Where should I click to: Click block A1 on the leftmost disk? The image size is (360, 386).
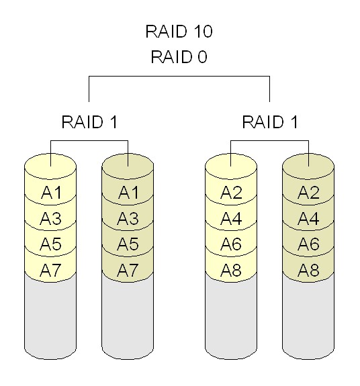pyautogui.click(x=52, y=193)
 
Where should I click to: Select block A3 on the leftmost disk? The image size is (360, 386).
pyautogui.click(x=52, y=219)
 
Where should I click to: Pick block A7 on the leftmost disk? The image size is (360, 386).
pyautogui.click(x=52, y=271)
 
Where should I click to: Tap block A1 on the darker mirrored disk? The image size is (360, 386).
pyautogui.click(x=128, y=193)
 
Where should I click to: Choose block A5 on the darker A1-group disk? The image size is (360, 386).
pyautogui.click(x=128, y=244)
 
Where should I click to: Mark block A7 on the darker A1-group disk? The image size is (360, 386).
pyautogui.click(x=128, y=271)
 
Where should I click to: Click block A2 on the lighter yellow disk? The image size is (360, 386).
pyautogui.click(x=232, y=193)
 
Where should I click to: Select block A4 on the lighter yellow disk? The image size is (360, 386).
pyautogui.click(x=232, y=219)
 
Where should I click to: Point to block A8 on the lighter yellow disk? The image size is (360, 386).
pyautogui.click(x=232, y=271)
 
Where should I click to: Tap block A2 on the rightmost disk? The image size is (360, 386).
pyautogui.click(x=308, y=193)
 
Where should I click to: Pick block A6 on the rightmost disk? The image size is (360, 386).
pyautogui.click(x=308, y=244)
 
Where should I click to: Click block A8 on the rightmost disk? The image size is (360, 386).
pyautogui.click(x=308, y=271)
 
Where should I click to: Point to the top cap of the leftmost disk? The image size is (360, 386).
pyautogui.click(x=52, y=162)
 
